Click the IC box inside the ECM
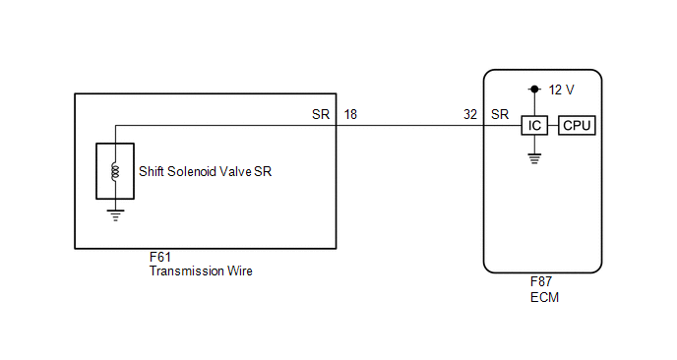pyautogui.click(x=534, y=126)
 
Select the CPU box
pyautogui.click(x=577, y=126)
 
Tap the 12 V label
pyautogui.click(x=561, y=90)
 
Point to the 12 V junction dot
pyautogui.click(x=534, y=90)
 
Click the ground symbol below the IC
pyautogui.click(x=534, y=158)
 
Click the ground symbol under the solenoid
pyautogui.click(x=115, y=215)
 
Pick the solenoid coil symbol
pyautogui.click(x=115, y=171)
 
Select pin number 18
pyautogui.click(x=350, y=114)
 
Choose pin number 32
pyautogui.click(x=470, y=114)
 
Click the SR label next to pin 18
pyautogui.click(x=321, y=114)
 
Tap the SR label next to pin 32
pyautogui.click(x=500, y=114)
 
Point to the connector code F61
pyautogui.click(x=160, y=258)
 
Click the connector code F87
pyautogui.click(x=541, y=282)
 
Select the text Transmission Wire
pyautogui.click(x=201, y=271)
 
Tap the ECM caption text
pyautogui.click(x=544, y=297)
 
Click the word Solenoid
pyautogui.click(x=192, y=172)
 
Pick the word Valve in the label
pyautogui.click(x=236, y=172)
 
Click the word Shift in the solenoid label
pyautogui.click(x=152, y=172)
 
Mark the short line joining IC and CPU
pyautogui.click(x=553, y=126)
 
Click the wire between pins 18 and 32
pyautogui.click(x=409, y=126)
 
